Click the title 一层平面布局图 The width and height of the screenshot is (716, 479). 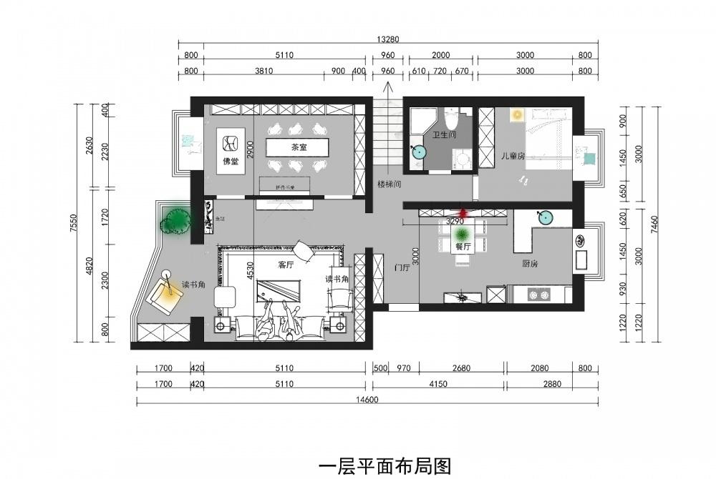[x=384, y=466]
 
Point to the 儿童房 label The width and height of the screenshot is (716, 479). [x=513, y=154]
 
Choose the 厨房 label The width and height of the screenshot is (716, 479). [x=530, y=264]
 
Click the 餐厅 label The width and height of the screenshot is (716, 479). [x=463, y=247]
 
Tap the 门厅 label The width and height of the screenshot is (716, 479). [x=402, y=268]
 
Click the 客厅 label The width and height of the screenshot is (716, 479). [x=286, y=264]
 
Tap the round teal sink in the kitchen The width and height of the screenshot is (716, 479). [x=546, y=218]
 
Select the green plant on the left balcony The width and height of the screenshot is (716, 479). [x=176, y=221]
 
